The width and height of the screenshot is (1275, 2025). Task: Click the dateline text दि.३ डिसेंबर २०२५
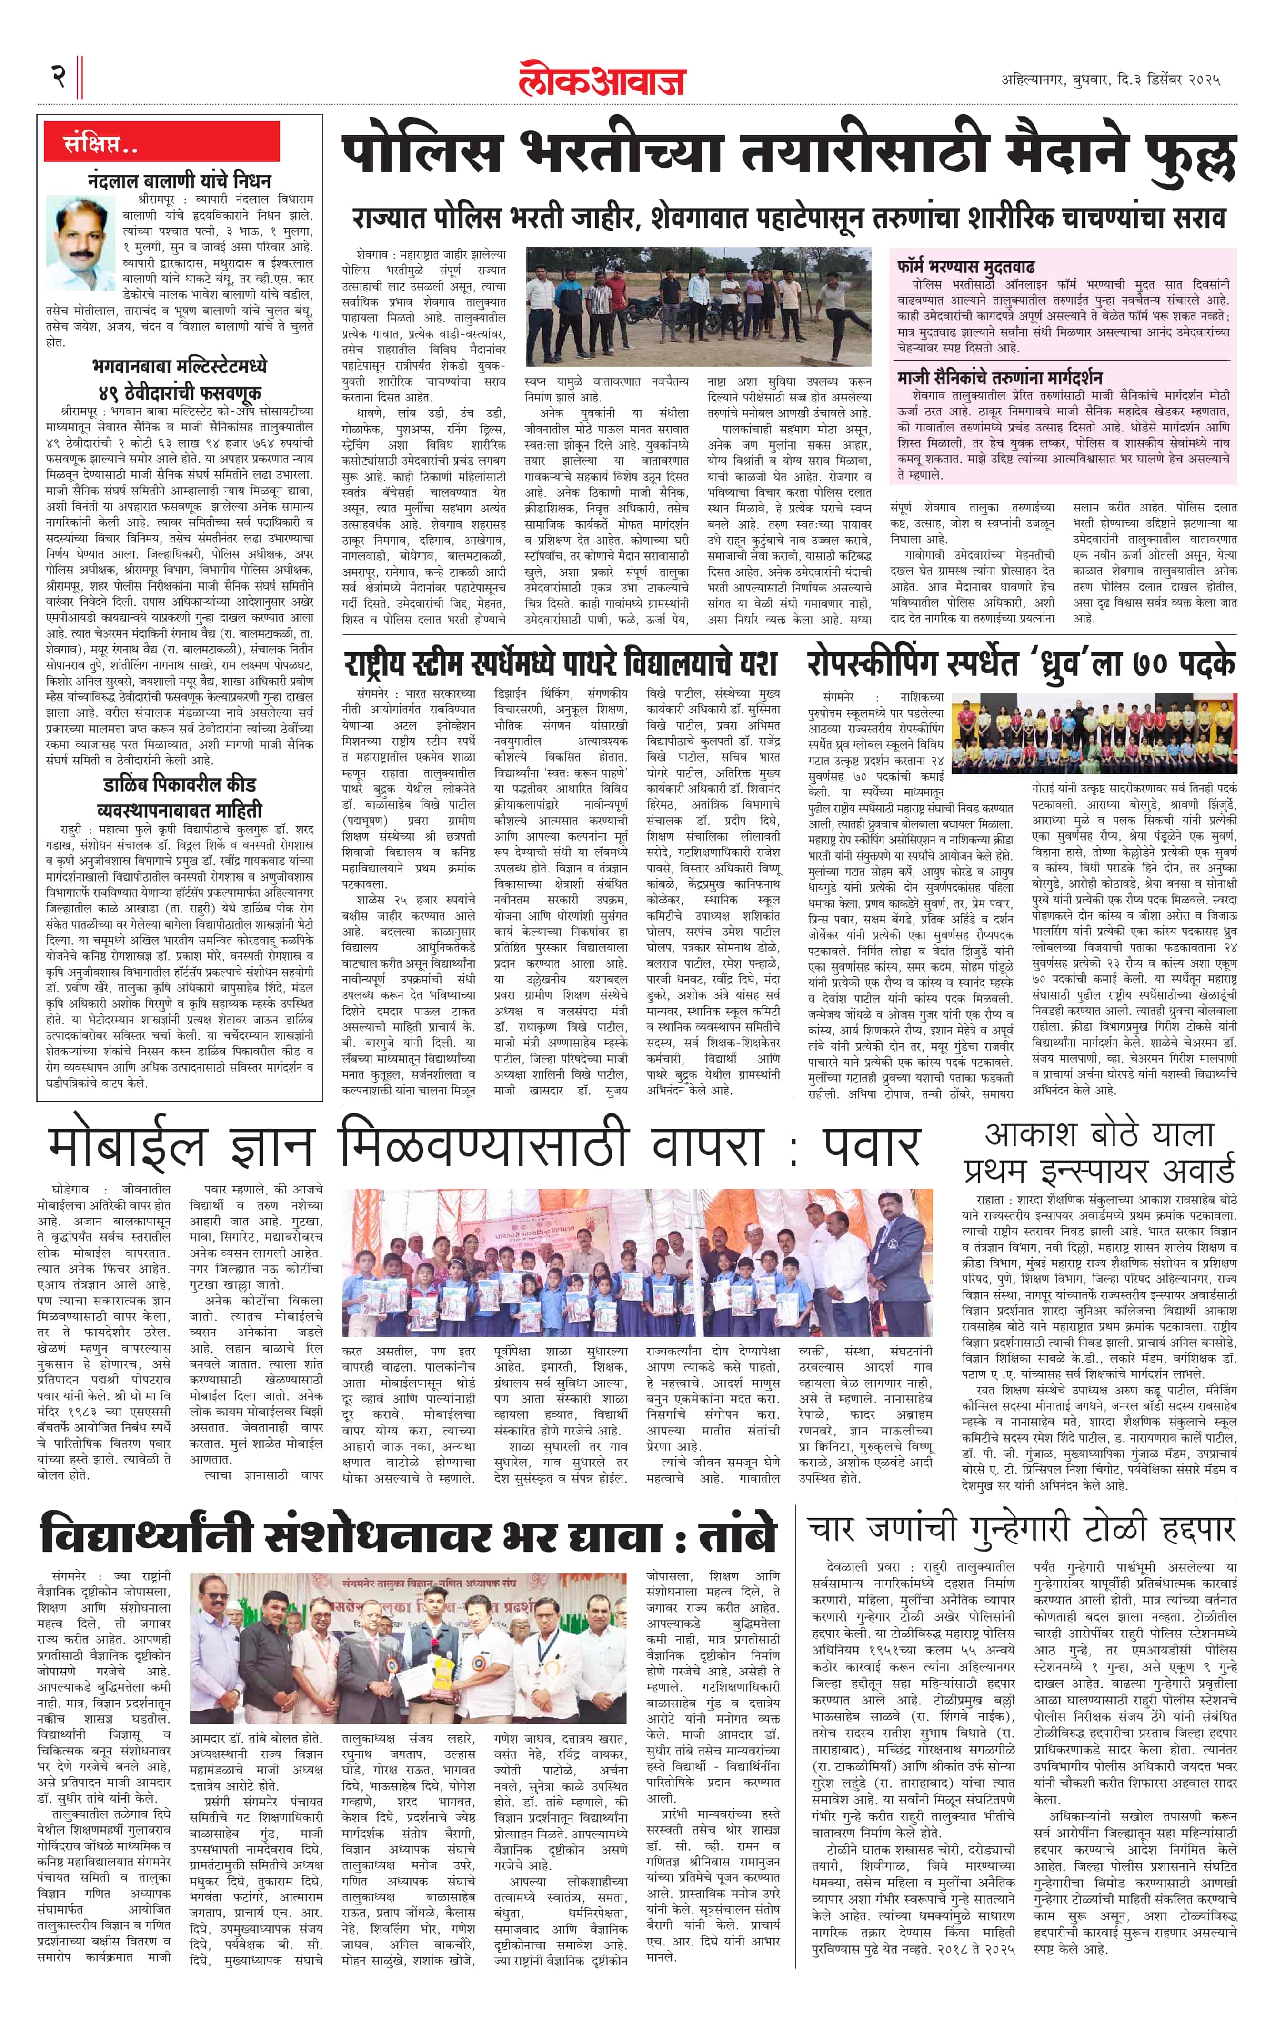[x=1169, y=80]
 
